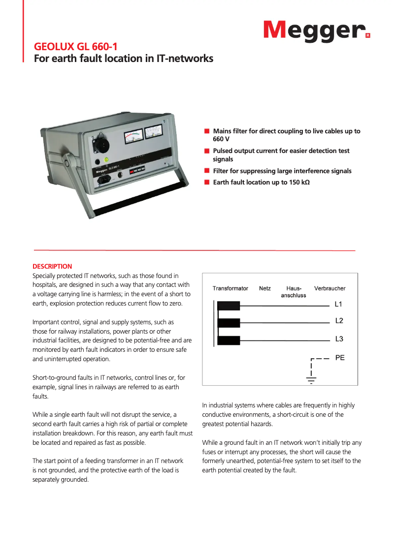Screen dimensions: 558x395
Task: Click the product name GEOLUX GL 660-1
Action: tap(75, 47)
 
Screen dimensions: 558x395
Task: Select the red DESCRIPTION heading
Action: tap(52, 266)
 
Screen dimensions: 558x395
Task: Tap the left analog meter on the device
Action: tap(133, 136)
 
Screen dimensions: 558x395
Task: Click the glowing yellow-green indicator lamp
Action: tap(106, 159)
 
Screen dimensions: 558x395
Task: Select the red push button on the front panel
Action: tap(132, 172)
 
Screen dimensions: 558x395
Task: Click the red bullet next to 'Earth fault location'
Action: tap(207, 183)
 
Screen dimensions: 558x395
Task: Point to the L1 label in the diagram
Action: tap(339, 304)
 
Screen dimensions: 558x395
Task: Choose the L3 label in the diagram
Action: tap(339, 339)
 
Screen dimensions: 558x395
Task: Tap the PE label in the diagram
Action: tap(340, 358)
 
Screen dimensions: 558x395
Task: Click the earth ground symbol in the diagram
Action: tap(311, 379)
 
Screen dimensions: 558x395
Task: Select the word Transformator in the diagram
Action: tap(230, 288)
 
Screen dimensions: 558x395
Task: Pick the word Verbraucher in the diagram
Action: tap(329, 288)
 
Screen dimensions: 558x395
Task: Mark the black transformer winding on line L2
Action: tap(229, 323)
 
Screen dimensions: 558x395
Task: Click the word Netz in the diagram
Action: tap(265, 288)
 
